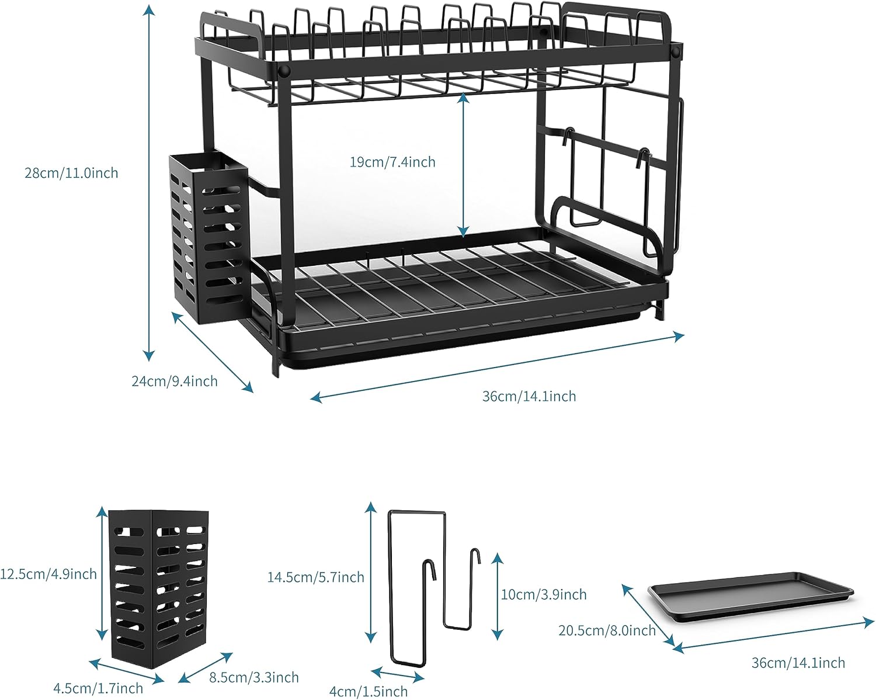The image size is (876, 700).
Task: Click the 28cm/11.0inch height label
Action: [x=71, y=173]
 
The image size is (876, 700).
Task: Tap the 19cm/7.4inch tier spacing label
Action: [x=392, y=162]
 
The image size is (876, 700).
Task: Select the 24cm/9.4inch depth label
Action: [x=174, y=381]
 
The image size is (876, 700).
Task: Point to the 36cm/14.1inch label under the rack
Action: [x=529, y=396]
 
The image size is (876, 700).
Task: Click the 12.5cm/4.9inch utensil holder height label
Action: [x=48, y=574]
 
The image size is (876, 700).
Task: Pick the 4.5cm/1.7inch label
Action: [x=98, y=688]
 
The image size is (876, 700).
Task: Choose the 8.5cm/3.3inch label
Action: [x=254, y=677]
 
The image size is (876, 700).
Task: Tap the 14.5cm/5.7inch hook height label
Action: [x=315, y=577]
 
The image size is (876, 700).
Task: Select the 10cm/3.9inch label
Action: [x=544, y=594]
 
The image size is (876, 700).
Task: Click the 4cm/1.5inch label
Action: [x=369, y=691]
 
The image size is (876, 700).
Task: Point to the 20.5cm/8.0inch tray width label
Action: [x=607, y=630]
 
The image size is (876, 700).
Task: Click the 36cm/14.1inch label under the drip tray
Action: [x=798, y=663]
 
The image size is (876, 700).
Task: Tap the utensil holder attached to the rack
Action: [x=208, y=237]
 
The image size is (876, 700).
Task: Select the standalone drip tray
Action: [x=751, y=595]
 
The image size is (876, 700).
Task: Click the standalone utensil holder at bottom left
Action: [x=159, y=590]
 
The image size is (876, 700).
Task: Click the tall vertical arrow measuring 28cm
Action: [x=150, y=181]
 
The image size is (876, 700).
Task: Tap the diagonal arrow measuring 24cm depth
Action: [x=213, y=352]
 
